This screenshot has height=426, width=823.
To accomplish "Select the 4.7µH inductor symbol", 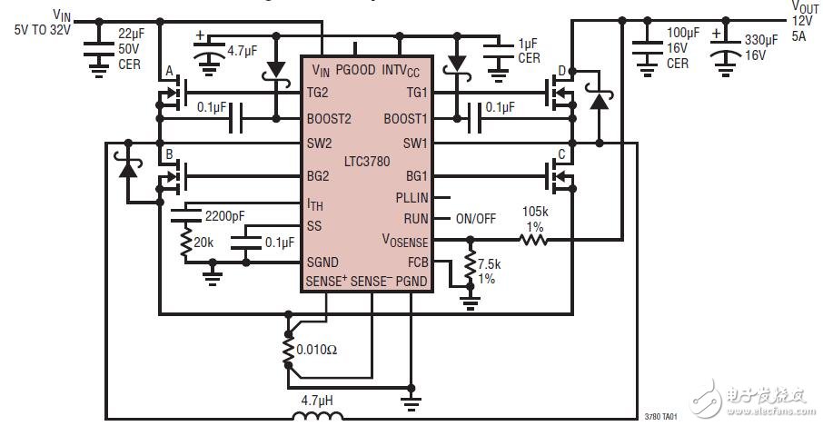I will [318, 417].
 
